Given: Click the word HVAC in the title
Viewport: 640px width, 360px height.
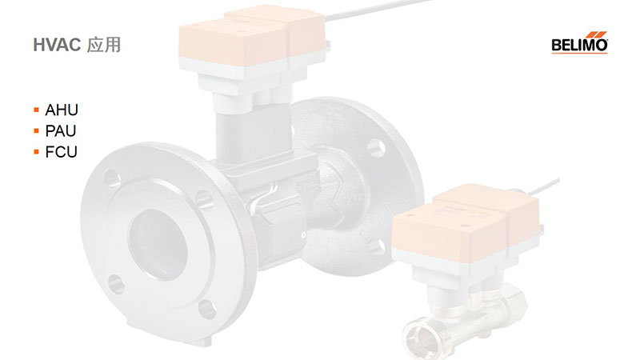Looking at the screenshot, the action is point(57,45).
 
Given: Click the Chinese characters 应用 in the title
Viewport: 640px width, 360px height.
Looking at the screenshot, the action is point(104,45).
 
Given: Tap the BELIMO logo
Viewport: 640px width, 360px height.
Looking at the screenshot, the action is point(579,42).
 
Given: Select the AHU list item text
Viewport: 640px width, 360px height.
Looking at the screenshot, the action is point(62,110).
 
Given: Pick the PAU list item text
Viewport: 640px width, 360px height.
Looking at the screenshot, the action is point(61,131).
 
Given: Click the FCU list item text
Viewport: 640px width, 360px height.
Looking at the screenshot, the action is point(62,152).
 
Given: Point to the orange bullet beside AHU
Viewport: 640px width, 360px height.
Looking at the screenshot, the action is point(36,110).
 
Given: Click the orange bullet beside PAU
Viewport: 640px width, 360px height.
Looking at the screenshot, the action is point(36,131).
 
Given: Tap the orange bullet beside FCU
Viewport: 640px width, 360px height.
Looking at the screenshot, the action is point(36,152).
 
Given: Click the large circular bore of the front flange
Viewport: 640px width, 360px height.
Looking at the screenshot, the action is point(158,244).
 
